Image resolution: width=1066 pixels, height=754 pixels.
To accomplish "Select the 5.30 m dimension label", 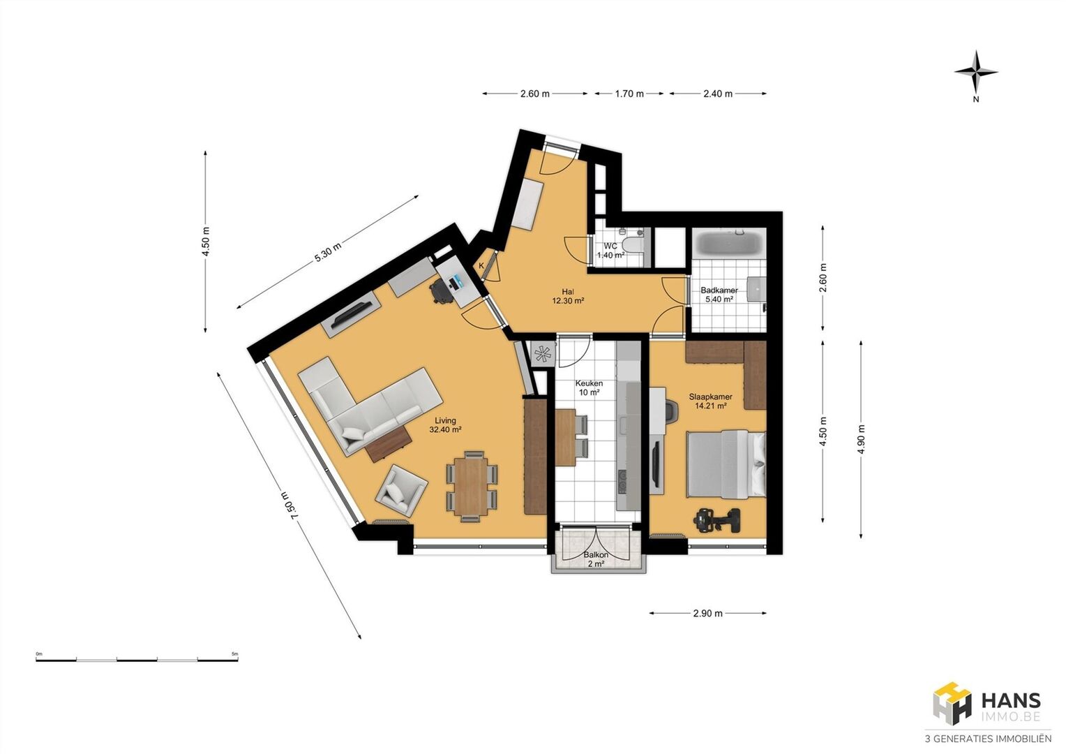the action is click(x=327, y=253).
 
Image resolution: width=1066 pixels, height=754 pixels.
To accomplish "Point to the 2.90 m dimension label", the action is click(x=707, y=614).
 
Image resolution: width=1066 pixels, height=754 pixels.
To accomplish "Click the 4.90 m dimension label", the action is click(x=862, y=440).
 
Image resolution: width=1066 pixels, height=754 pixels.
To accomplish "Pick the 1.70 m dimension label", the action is click(x=629, y=94).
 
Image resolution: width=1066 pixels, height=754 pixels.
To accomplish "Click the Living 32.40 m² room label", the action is click(x=445, y=425).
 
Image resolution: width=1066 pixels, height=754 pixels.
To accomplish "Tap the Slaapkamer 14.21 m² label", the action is click(x=710, y=401).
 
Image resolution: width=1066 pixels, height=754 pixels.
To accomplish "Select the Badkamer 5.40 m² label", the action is click(x=719, y=295).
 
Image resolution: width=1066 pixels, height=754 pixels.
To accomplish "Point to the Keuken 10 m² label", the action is click(x=589, y=387).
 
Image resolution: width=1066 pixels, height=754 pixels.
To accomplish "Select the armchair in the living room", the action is click(x=402, y=491).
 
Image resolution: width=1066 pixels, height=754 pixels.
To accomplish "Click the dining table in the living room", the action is click(x=471, y=487).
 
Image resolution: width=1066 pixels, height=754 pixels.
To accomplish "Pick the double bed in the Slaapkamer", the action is click(x=726, y=464).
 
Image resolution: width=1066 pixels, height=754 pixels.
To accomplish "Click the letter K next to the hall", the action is click(x=481, y=266).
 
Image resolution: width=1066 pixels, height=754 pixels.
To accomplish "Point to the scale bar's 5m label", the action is click(x=234, y=654).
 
